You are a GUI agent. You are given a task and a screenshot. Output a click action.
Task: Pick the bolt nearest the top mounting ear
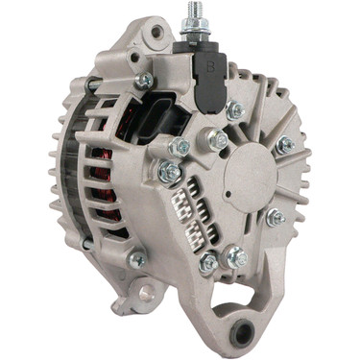pos(145,81)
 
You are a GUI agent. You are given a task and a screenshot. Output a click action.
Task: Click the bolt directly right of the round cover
pos(285,146)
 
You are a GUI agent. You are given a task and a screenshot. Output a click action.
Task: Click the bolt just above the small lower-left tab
pos(138,258)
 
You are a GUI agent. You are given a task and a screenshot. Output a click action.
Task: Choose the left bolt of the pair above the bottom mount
pos(208,262)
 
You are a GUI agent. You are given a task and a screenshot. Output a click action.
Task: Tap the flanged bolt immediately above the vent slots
pos(170,173)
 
